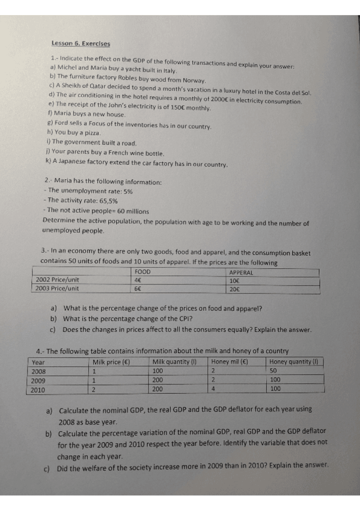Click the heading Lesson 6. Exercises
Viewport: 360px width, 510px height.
tap(81, 43)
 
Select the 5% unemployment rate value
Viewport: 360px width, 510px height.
tap(128, 191)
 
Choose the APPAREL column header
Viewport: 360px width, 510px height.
tap(242, 272)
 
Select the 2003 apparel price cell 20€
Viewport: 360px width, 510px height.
tap(234, 287)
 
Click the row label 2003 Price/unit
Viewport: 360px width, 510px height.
tap(58, 287)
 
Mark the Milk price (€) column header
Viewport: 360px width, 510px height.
tap(112, 362)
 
